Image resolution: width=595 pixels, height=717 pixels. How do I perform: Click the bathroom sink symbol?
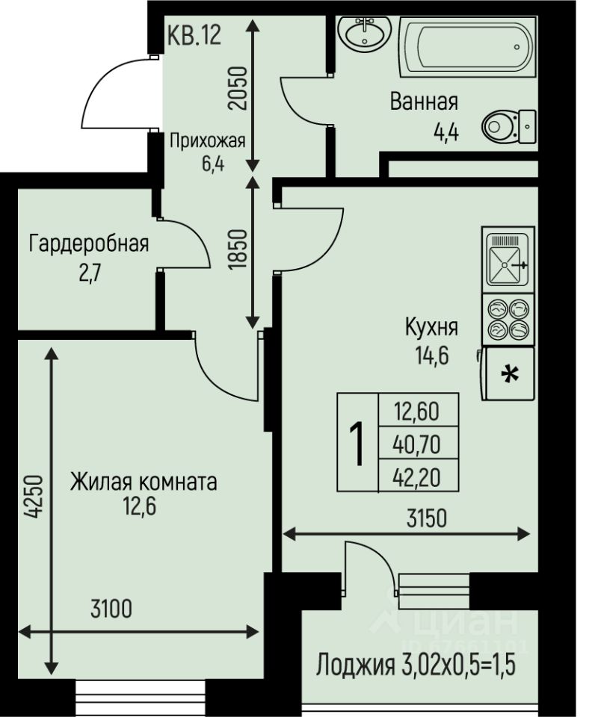click(x=364, y=34)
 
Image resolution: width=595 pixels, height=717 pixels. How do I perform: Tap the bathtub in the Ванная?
click(x=468, y=46)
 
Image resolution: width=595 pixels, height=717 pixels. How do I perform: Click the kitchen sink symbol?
click(x=508, y=260)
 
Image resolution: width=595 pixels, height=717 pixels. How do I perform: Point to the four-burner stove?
click(x=508, y=319)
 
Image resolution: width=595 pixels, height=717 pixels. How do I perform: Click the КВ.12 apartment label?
click(x=194, y=35)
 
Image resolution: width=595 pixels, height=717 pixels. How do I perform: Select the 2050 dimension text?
click(x=238, y=88)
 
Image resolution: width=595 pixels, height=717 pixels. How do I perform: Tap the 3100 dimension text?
click(x=111, y=609)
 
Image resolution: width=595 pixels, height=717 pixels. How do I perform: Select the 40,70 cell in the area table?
click(x=416, y=444)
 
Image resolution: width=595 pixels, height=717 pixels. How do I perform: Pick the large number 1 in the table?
click(x=357, y=444)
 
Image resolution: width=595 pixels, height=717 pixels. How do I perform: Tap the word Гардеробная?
click(x=89, y=243)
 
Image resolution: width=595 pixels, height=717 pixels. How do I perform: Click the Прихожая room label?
click(x=207, y=141)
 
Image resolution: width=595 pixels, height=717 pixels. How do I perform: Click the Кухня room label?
click(x=431, y=327)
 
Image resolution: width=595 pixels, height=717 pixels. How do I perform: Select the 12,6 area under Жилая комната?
click(x=140, y=506)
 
